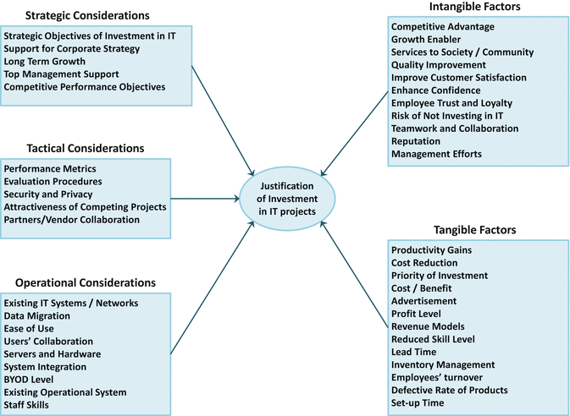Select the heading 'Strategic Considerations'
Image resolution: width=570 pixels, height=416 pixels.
pyautogui.click(x=88, y=15)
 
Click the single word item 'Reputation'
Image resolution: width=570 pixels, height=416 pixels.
pyautogui.click(x=416, y=141)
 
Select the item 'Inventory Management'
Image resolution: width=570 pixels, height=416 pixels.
pyautogui.click(x=443, y=364)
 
